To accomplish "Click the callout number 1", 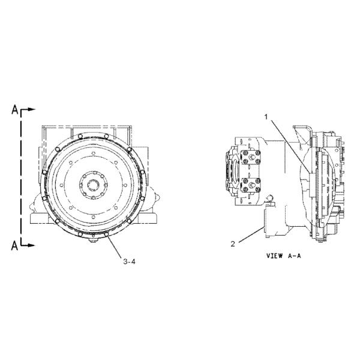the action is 266,117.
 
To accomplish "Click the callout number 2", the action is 233,244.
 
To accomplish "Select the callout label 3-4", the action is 130,261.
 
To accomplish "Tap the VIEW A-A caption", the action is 284,256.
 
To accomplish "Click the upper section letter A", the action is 15,110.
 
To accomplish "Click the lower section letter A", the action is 14,245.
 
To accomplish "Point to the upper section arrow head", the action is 32,110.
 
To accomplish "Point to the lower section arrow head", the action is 32,245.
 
